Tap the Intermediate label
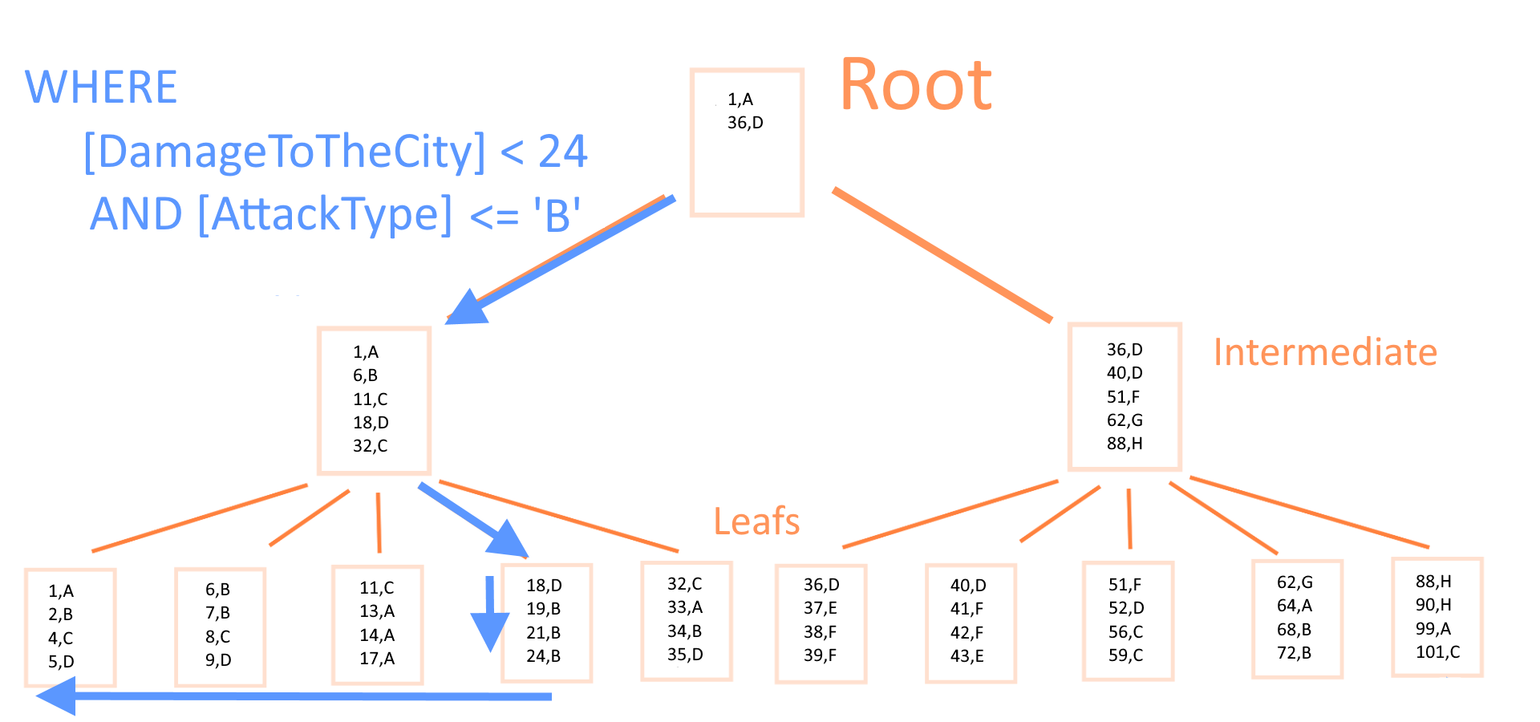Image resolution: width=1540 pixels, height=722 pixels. point(1325,352)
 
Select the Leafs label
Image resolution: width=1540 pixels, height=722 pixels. point(756,521)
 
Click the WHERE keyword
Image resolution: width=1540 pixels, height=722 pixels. point(101,87)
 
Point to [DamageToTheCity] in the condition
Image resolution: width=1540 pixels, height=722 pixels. point(285,152)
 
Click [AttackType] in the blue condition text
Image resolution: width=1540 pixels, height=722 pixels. point(325,214)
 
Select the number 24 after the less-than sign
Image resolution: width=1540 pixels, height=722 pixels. point(563,151)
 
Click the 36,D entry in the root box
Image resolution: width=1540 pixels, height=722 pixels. point(745,123)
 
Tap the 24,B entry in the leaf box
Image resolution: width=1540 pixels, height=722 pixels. point(543,656)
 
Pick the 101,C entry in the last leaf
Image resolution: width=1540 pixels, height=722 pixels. point(1437,652)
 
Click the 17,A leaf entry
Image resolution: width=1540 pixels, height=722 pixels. point(377,659)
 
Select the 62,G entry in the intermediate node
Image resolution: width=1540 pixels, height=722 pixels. point(1125,420)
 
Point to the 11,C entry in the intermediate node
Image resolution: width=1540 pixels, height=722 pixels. point(370,399)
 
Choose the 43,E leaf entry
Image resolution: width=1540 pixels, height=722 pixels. point(967,656)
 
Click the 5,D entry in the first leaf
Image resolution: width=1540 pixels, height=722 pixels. point(61,662)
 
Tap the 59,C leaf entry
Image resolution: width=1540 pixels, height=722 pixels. point(1125,655)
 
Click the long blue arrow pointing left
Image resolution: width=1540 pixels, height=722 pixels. point(294,696)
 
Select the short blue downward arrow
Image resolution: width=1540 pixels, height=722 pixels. point(489,615)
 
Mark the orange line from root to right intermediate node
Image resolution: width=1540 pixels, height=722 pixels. point(942,255)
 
